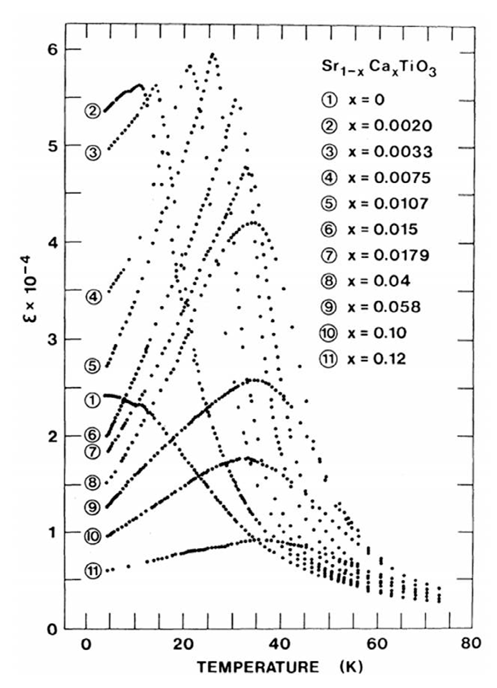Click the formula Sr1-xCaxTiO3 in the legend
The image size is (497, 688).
[378, 69]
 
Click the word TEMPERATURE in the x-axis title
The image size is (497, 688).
[258, 667]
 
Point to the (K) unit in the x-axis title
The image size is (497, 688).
[351, 667]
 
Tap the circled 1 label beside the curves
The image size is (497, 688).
[93, 400]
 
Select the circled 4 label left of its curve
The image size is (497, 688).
[93, 296]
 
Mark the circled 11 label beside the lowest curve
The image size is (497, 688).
[93, 570]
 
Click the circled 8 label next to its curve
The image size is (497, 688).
[93, 482]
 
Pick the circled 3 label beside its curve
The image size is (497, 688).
[93, 153]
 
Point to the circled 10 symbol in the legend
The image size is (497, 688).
[329, 333]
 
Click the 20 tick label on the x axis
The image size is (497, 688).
[183, 643]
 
